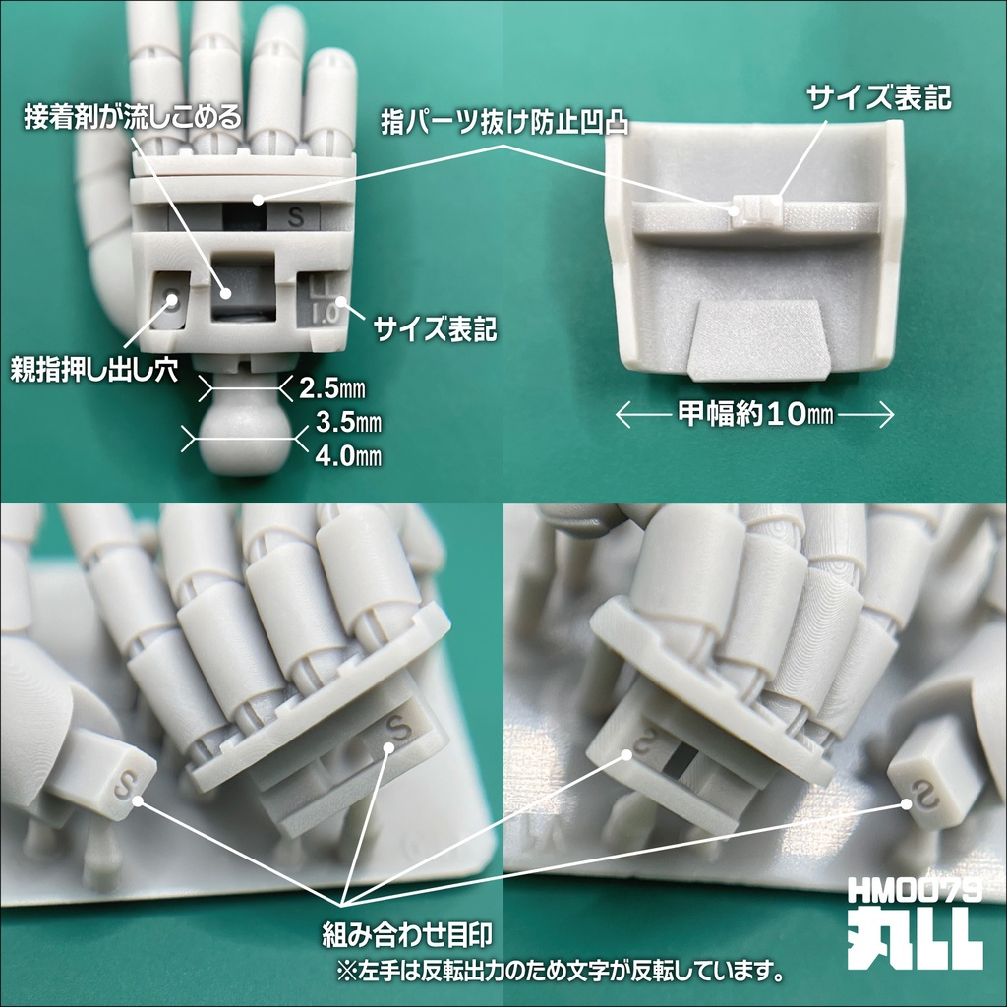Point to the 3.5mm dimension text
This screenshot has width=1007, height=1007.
pyautogui.click(x=348, y=424)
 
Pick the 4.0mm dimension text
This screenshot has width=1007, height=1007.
pyautogui.click(x=348, y=456)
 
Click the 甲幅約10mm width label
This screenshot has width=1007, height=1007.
pyautogui.click(x=755, y=416)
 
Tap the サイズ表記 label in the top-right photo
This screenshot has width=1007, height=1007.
pyautogui.click(x=880, y=97)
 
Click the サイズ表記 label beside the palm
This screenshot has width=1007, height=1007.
pyautogui.click(x=435, y=329)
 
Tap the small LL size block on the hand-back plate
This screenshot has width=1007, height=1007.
pyautogui.click(x=756, y=208)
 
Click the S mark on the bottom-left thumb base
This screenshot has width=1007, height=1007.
pyautogui.click(x=122, y=785)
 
